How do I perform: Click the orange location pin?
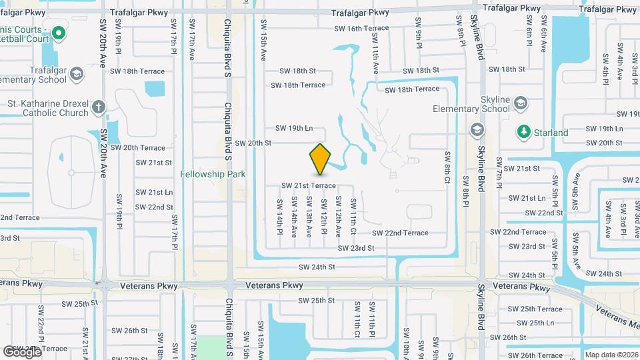coord(321,159)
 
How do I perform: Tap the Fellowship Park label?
coord(213,175)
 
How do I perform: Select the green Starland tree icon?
coord(523,133)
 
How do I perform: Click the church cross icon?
coord(98,107)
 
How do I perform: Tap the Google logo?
coord(22,351)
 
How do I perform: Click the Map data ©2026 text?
coord(611,355)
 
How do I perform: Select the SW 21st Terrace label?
coord(308,185)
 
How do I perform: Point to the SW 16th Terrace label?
coord(362,29)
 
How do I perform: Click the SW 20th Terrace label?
coord(138,148)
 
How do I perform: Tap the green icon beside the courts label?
coord(58,32)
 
